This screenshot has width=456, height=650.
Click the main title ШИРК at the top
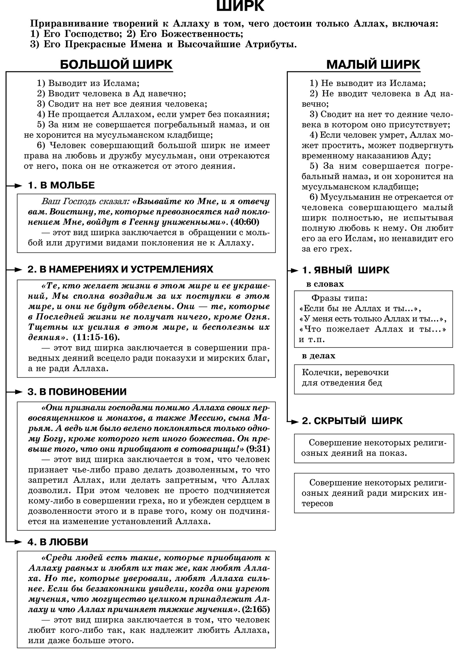click(240, 6)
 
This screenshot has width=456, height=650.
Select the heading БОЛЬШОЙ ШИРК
click(116, 64)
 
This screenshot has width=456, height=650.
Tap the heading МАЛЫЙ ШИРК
click(373, 64)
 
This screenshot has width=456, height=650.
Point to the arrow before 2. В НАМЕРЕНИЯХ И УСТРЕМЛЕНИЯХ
click(14, 269)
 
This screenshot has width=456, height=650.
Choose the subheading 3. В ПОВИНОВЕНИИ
click(77, 392)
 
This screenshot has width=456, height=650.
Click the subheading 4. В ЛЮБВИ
click(58, 542)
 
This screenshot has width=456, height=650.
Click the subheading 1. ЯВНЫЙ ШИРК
click(346, 270)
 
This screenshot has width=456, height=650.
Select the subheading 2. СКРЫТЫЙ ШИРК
click(352, 421)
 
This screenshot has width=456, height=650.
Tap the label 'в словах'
click(325, 284)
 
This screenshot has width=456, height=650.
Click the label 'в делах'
click(318, 356)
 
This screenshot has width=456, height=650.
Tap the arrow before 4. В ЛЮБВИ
click(14, 542)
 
